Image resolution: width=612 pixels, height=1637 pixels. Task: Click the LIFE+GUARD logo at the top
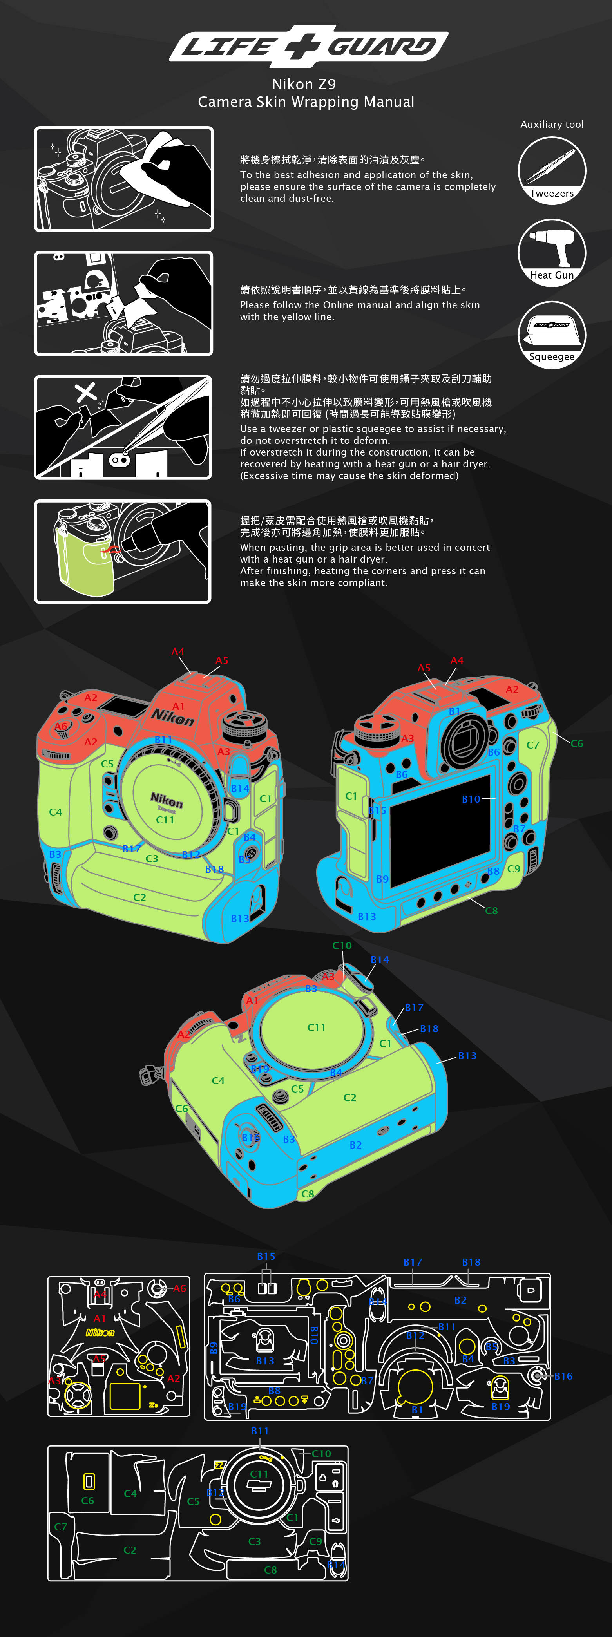[308, 46]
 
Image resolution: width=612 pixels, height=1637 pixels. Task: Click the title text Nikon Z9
[304, 84]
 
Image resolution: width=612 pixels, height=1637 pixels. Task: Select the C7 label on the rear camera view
[532, 745]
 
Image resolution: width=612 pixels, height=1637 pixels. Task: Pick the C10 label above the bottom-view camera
[342, 946]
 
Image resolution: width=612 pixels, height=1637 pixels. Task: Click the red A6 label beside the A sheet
[180, 1288]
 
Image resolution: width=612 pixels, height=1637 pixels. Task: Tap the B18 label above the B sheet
[471, 1262]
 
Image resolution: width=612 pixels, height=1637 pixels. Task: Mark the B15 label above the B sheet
[266, 1256]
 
